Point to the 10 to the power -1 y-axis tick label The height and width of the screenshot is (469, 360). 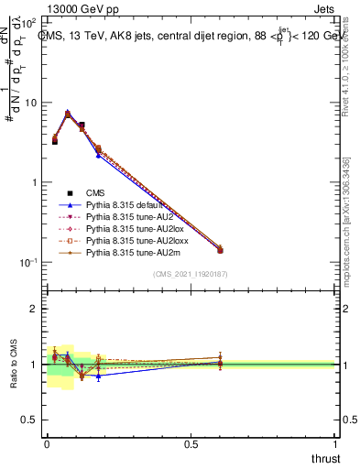pyautogui.click(x=30, y=262)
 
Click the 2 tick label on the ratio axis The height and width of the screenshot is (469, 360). pyautogui.click(x=37, y=309)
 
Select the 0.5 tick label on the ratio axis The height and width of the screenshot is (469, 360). pyautogui.click(x=33, y=420)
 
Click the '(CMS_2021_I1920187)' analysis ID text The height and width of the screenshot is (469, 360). pyautogui.click(x=191, y=274)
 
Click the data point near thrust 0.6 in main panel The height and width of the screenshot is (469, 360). pyautogui.click(x=220, y=250)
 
